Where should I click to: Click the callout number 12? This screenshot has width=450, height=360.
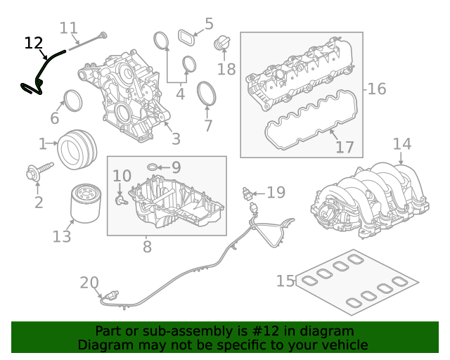point(34,44)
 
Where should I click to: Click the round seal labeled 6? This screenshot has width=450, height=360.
point(72,101)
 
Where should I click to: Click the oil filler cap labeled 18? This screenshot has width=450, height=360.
point(222,44)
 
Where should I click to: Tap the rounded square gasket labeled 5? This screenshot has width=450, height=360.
point(186,36)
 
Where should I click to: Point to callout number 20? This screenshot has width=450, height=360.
point(89,283)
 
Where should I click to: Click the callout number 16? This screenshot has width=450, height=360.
point(377,89)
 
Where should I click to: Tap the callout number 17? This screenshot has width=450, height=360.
point(345,148)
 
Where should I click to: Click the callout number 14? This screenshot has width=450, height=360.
point(401,144)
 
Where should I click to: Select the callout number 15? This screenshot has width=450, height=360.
point(285,281)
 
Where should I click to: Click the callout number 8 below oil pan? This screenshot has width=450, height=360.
point(147,247)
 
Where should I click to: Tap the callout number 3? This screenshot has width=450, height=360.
point(176,139)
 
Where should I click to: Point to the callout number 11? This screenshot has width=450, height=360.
point(68,28)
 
